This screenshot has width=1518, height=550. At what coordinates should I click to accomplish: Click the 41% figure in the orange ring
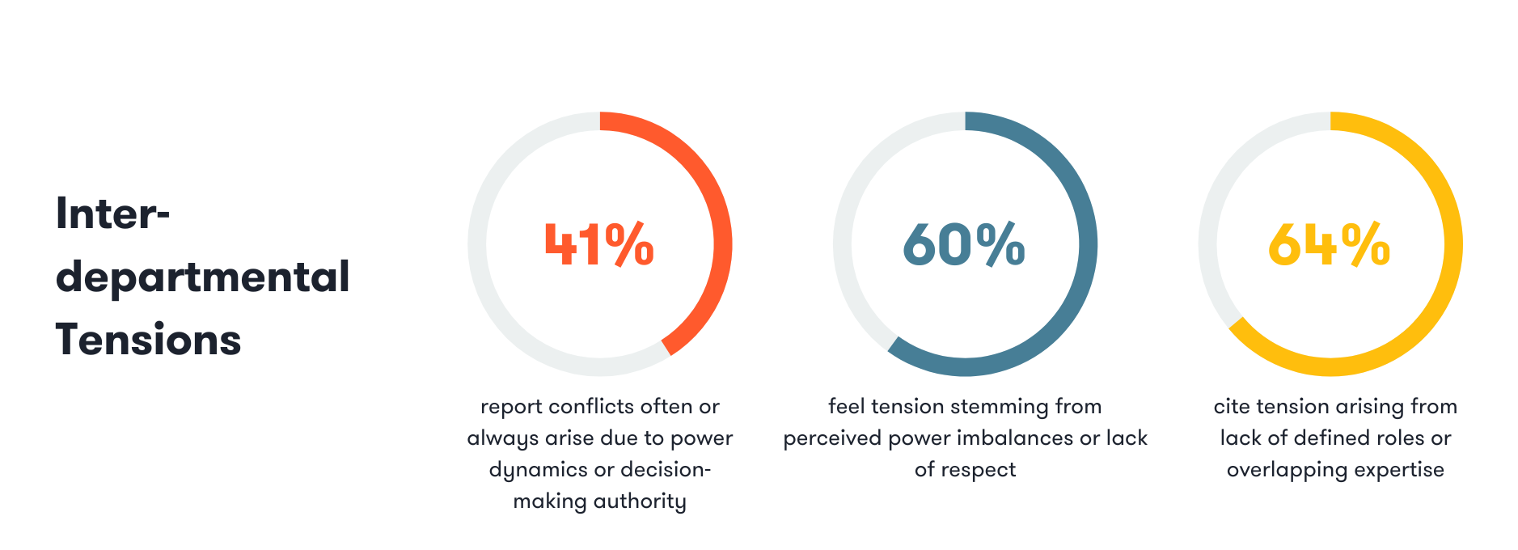click(599, 244)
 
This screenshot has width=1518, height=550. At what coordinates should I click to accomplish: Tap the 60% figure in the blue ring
click(964, 244)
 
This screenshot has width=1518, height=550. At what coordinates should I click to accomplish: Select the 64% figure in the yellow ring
click(1329, 244)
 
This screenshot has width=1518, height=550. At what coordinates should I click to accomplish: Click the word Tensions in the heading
click(148, 340)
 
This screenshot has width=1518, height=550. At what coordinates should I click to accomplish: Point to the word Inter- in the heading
click(112, 214)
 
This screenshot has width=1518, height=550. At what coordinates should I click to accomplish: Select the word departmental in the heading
click(202, 277)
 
